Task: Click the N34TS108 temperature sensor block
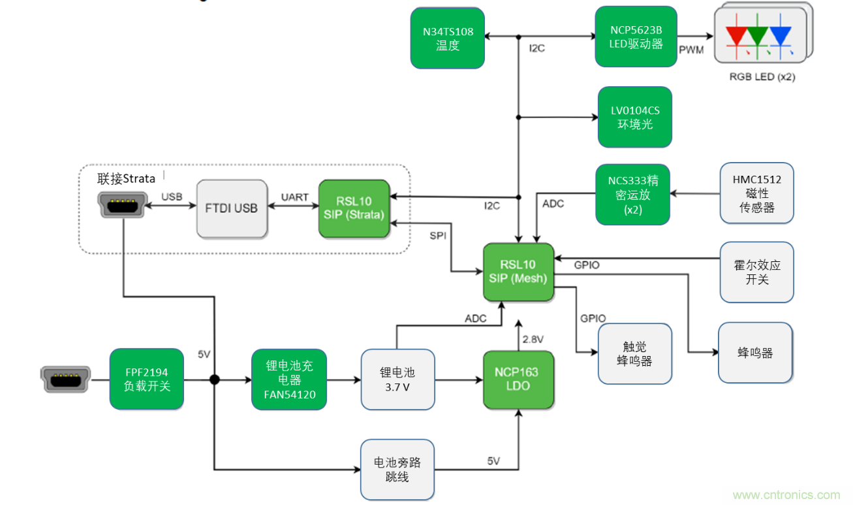[x=447, y=38]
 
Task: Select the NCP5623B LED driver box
[x=636, y=37]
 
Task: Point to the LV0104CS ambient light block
[x=634, y=117]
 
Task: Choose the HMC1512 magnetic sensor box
[x=757, y=193]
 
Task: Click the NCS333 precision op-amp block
[x=633, y=195]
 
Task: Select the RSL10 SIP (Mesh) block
[x=518, y=272]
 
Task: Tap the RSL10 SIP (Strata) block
[x=354, y=208]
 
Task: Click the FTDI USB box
[x=232, y=208]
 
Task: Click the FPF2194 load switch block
[x=146, y=379]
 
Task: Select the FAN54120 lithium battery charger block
[x=289, y=379]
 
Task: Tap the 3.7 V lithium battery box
[x=397, y=379]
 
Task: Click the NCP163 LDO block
[x=518, y=379]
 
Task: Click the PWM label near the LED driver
[x=691, y=50]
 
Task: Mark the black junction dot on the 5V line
[x=214, y=380]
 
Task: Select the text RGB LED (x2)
[x=762, y=76]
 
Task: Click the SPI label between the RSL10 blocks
[x=438, y=236]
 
